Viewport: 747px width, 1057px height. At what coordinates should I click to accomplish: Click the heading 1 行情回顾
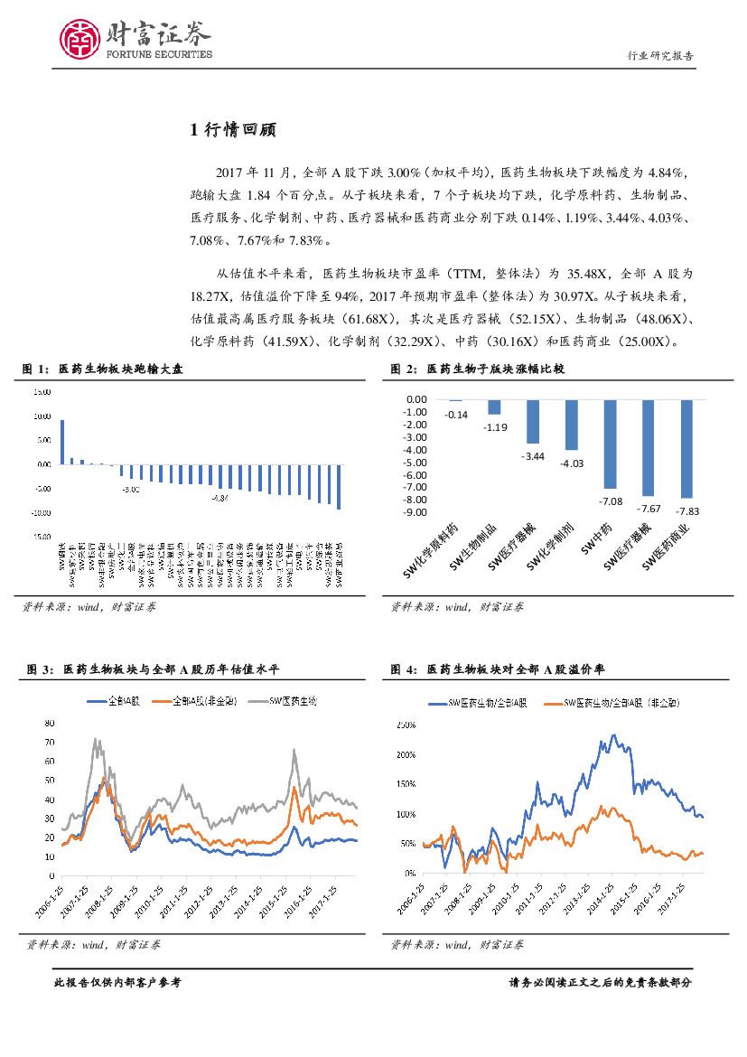232,130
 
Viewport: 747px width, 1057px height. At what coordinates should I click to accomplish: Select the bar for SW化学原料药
455,400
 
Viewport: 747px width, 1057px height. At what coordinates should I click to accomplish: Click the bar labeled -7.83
687,448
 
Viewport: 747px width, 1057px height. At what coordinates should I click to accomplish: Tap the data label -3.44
533,456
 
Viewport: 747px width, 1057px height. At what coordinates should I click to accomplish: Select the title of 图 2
478,369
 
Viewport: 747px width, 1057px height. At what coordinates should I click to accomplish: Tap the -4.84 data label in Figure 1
219,498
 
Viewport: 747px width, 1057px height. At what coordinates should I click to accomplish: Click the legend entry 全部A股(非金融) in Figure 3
196,700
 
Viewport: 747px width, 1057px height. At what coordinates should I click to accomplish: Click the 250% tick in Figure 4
405,725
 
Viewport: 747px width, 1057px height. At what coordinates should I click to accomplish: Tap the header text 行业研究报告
660,55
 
